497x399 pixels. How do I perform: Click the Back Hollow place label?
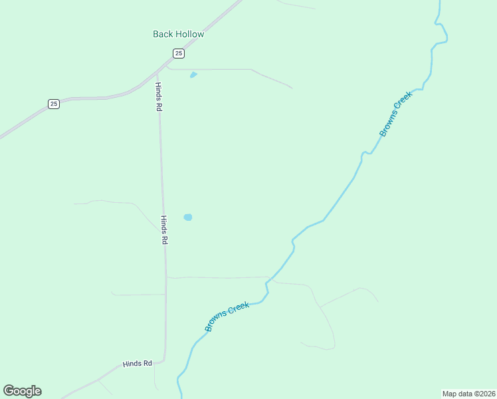(x=178, y=34)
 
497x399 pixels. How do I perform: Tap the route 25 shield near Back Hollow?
(x=178, y=53)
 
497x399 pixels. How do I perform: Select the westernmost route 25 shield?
(x=54, y=103)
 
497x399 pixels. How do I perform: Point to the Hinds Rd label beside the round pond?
(x=163, y=230)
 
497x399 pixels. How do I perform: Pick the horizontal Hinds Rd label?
(x=138, y=364)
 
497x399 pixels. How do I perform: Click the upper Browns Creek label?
(x=396, y=114)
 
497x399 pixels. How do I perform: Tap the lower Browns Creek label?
(x=227, y=317)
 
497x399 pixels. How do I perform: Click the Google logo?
(x=22, y=391)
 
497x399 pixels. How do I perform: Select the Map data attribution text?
(x=468, y=393)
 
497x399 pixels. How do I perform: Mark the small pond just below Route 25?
(x=193, y=74)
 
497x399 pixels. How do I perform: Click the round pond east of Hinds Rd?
(x=188, y=217)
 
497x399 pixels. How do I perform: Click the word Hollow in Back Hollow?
(x=190, y=34)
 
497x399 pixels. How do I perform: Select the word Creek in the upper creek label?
(x=404, y=102)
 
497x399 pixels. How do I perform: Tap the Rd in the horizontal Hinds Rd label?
(x=148, y=363)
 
